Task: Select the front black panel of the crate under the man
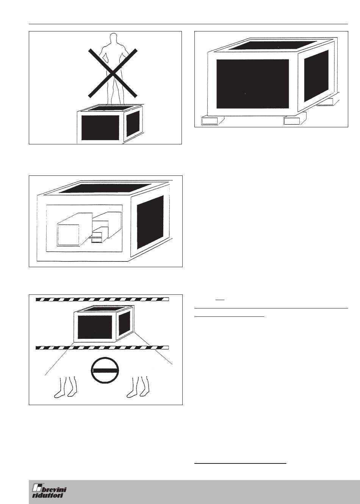pyautogui.click(x=100, y=128)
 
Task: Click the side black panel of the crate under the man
pyautogui.click(x=133, y=123)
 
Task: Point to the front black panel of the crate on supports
pyautogui.click(x=253, y=84)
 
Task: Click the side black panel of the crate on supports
pyautogui.click(x=316, y=76)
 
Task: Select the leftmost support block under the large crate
pyautogui.click(x=212, y=121)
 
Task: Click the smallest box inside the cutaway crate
pyautogui.click(x=96, y=238)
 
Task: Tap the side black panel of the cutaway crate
pyautogui.click(x=150, y=222)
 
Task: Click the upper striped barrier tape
pyautogui.click(x=102, y=299)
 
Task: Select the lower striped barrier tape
pyautogui.click(x=102, y=347)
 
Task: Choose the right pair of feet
pyautogui.click(x=138, y=387)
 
